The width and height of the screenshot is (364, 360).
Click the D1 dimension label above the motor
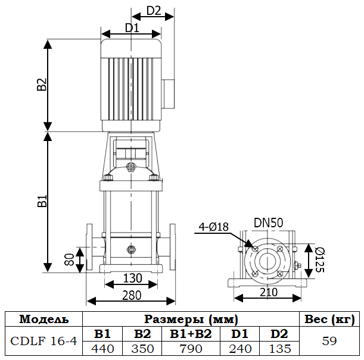[132, 28]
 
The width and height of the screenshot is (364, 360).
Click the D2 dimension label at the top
[154, 10]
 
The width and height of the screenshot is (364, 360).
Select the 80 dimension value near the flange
[69, 259]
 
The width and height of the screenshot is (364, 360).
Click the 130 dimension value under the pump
[132, 278]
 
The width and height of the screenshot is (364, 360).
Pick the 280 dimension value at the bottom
[132, 295]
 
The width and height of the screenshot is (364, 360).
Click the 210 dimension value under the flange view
[269, 292]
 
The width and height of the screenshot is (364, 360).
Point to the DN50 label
[269, 223]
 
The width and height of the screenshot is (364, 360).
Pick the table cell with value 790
[191, 348]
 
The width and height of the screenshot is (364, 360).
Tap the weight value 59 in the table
[329, 342]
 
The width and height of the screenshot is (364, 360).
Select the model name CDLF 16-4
[43, 342]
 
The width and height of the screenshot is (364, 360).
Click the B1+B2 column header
[191, 334]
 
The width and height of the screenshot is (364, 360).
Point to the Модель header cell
[43, 319]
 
